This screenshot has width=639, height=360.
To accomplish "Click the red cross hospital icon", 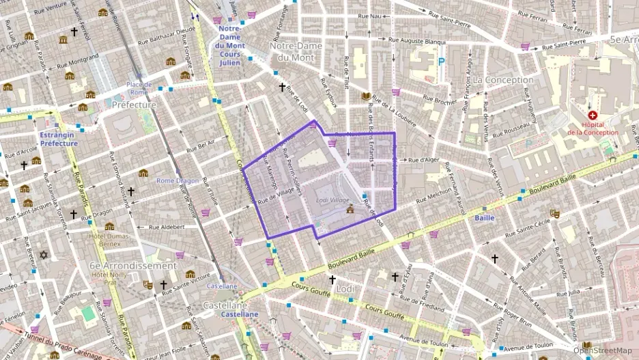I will click(x=592, y=116).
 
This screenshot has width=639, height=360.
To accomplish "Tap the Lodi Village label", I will click(x=332, y=200).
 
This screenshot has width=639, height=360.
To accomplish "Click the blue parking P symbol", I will click(x=441, y=61).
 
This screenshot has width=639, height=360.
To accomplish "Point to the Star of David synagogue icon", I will click(x=45, y=255).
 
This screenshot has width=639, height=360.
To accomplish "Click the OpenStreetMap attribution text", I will click(x=602, y=350).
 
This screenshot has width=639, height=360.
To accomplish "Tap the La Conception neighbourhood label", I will click(x=503, y=80).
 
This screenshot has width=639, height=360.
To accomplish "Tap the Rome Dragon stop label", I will click(x=177, y=181).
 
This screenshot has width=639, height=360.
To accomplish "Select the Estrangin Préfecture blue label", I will click(x=58, y=139).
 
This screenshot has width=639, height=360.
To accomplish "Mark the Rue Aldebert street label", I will click(x=167, y=227).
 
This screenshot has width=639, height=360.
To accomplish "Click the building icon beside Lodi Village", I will click(x=350, y=208).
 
